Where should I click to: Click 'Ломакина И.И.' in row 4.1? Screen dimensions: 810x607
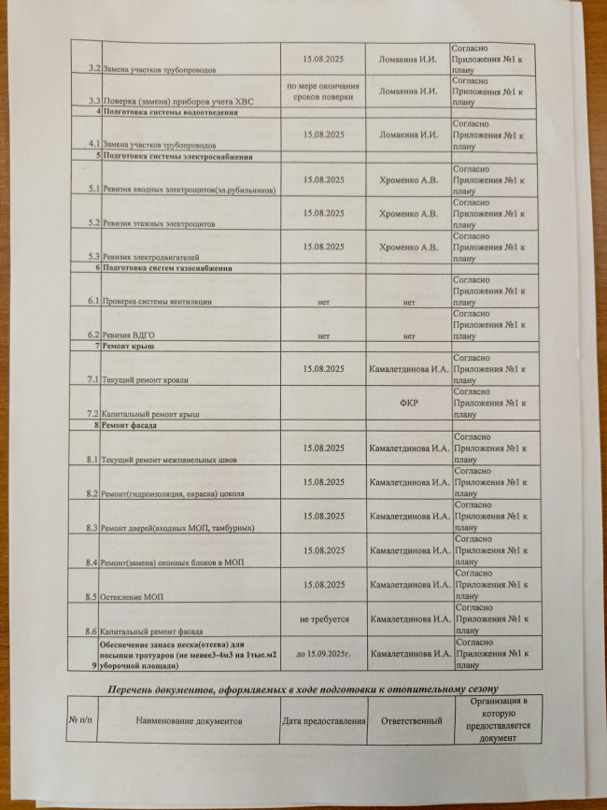tap(409, 135)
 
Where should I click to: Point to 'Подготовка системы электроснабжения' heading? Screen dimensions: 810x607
tap(177, 156)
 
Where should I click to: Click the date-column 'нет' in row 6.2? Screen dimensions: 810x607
tap(323, 335)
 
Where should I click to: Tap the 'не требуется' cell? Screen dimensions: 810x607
tap(323, 618)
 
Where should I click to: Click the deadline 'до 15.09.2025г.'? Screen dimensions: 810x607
tap(323, 654)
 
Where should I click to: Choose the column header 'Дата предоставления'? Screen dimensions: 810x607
tap(323, 721)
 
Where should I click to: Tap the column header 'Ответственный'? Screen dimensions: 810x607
tap(409, 721)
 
